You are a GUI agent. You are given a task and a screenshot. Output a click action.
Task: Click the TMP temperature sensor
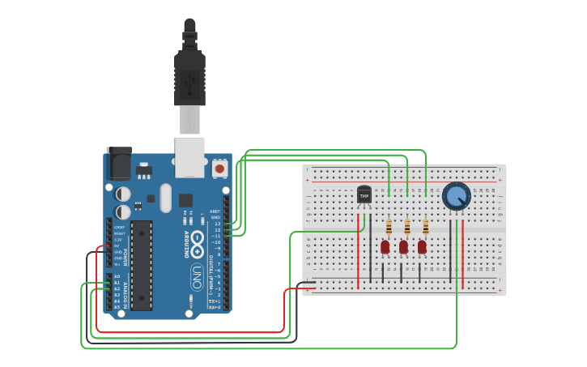click(364, 195)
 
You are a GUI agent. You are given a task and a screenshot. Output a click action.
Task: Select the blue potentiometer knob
click(456, 196)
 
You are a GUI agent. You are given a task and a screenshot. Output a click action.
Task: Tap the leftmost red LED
click(385, 245)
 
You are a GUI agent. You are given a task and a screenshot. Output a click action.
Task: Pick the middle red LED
click(403, 245)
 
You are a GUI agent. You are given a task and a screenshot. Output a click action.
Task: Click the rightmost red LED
click(422, 245)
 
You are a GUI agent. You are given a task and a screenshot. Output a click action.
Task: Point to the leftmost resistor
click(389, 226)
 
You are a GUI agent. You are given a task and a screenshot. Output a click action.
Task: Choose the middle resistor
click(406, 226)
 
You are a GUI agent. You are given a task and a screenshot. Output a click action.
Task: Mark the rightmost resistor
click(425, 226)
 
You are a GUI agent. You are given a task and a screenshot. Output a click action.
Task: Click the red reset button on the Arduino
click(219, 169)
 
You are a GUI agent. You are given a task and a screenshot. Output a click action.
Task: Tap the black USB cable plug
click(189, 77)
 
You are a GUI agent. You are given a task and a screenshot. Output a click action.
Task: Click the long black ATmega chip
click(142, 265)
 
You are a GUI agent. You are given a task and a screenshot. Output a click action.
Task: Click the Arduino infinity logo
click(197, 241)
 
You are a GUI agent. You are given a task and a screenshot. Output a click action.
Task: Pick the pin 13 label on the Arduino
click(217, 224)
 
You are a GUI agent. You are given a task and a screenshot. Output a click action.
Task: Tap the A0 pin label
click(117, 276)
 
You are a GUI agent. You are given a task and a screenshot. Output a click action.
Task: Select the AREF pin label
click(215, 211)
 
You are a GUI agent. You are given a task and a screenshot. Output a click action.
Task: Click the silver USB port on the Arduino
click(189, 156)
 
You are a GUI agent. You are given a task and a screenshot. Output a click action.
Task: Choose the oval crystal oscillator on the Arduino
click(166, 198)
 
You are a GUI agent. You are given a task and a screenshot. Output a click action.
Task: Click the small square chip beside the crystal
click(186, 199)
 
